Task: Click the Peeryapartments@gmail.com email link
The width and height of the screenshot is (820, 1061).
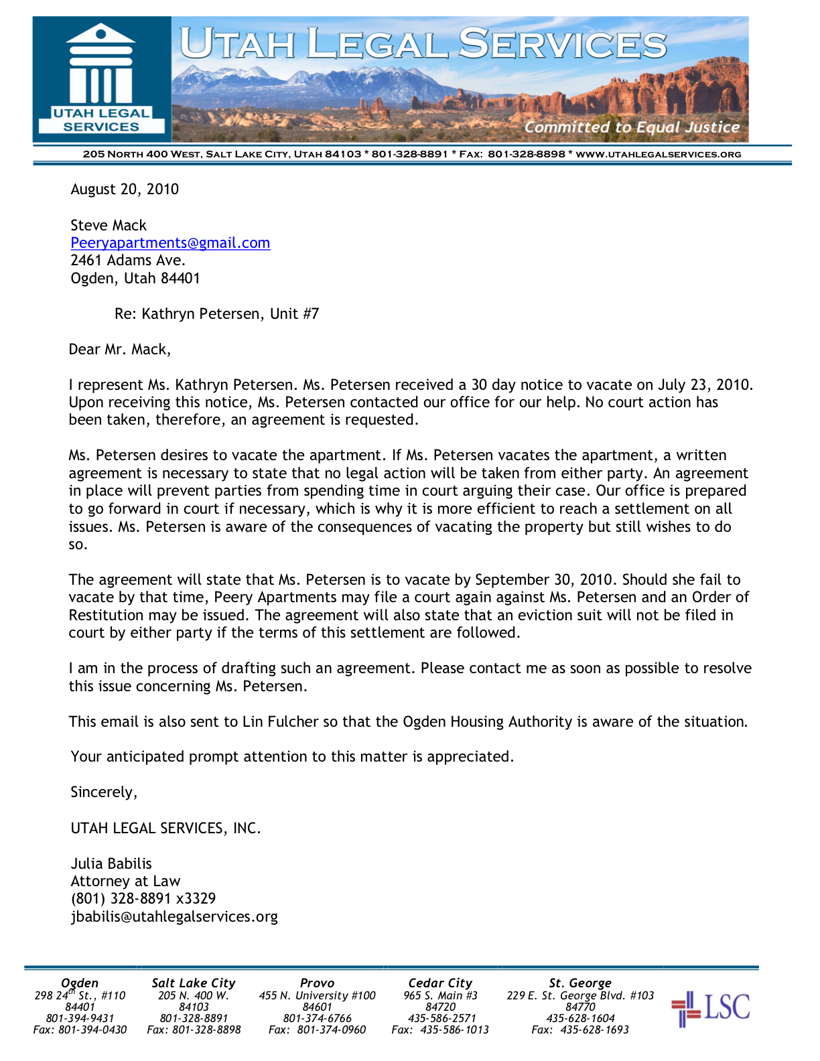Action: pyautogui.click(x=170, y=243)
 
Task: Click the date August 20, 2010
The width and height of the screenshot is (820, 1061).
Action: pyautogui.click(x=125, y=190)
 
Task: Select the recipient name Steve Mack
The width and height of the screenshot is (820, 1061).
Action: pyautogui.click(x=109, y=226)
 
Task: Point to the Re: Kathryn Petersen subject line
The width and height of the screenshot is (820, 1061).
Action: pyautogui.click(x=216, y=314)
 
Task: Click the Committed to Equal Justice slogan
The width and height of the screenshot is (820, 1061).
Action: pyautogui.click(x=631, y=127)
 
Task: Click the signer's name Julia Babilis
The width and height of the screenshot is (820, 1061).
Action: pyautogui.click(x=111, y=864)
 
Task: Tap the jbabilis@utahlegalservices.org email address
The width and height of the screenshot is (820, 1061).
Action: pyautogui.click(x=174, y=917)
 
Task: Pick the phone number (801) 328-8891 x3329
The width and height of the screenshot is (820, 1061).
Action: pyautogui.click(x=143, y=899)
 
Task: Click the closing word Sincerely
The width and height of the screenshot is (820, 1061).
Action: pyautogui.click(x=104, y=792)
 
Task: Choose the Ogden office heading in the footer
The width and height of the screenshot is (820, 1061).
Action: pyautogui.click(x=80, y=983)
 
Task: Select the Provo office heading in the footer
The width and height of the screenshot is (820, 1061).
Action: pyautogui.click(x=317, y=983)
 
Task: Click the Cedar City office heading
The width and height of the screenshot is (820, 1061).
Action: pyautogui.click(x=440, y=983)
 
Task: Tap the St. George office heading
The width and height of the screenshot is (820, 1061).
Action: pyautogui.click(x=580, y=983)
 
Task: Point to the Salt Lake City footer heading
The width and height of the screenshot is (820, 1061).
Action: pyautogui.click(x=194, y=983)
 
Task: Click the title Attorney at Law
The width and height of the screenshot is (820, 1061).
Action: pyautogui.click(x=125, y=881)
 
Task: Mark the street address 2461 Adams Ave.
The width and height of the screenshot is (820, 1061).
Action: pyautogui.click(x=128, y=261)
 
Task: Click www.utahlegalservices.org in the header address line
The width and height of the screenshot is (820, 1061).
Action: pyautogui.click(x=659, y=155)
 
